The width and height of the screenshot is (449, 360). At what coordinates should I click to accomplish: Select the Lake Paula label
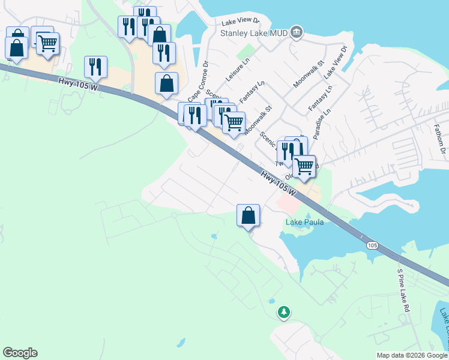(x=304, y=222)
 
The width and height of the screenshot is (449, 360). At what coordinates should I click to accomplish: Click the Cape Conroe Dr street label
(x=197, y=81)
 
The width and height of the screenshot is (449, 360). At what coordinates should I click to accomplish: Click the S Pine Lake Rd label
(x=403, y=290)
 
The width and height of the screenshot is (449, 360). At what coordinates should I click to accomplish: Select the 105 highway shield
(x=372, y=245)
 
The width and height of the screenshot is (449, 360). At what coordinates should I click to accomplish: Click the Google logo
(x=20, y=353)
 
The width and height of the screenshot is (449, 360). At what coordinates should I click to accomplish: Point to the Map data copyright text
(x=412, y=355)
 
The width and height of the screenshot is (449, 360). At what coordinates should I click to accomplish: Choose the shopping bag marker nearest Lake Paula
(x=249, y=215)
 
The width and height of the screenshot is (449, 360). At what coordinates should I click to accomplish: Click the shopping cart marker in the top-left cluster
(x=47, y=43)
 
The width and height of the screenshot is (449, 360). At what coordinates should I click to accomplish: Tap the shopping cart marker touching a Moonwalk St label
(x=234, y=122)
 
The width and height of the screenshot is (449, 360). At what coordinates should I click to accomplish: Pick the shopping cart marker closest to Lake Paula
(x=305, y=166)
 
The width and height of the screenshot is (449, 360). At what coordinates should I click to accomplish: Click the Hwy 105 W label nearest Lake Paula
(x=279, y=182)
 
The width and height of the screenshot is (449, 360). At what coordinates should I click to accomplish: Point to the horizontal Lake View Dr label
(x=239, y=22)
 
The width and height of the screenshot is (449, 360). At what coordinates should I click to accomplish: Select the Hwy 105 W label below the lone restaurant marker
(x=77, y=85)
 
